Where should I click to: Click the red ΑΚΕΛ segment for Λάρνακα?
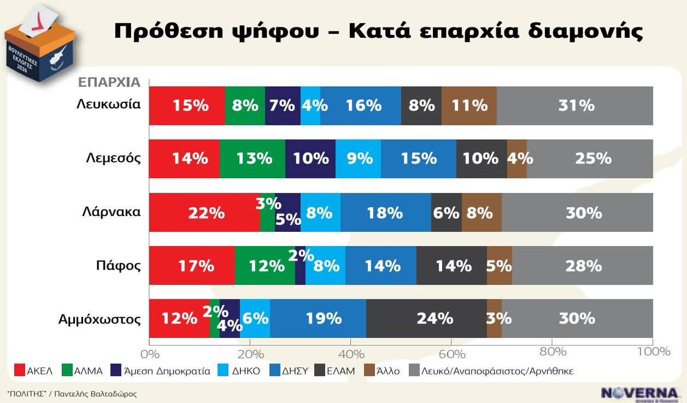click(x=204, y=212)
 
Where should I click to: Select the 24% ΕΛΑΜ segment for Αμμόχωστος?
click(x=426, y=318)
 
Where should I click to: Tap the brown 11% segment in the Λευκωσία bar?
click(x=469, y=106)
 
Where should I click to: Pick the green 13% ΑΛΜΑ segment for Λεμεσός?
click(x=252, y=159)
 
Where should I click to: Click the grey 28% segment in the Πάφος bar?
click(x=582, y=266)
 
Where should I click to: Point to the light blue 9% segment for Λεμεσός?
click(x=358, y=159)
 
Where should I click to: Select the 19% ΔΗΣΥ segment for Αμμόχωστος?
click(x=318, y=318)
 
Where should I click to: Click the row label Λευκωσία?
click(x=109, y=105)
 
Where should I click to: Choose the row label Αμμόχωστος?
click(x=100, y=318)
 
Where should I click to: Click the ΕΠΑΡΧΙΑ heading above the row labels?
click(x=109, y=82)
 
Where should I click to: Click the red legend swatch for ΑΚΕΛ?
click(x=17, y=371)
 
